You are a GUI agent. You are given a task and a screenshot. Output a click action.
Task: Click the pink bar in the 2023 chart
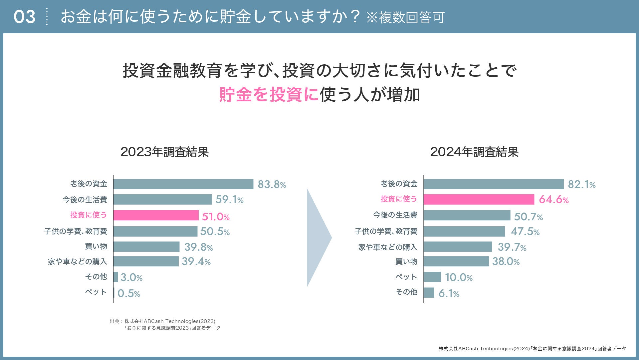[156, 215]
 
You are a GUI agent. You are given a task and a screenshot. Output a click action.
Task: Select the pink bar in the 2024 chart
[479, 199]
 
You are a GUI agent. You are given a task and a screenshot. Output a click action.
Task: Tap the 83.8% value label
[272, 184]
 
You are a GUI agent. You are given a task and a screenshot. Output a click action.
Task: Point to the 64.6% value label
[553, 199]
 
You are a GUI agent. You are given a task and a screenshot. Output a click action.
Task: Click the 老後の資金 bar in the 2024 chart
[494, 184]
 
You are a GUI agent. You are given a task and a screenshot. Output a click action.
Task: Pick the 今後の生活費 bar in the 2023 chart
[162, 199]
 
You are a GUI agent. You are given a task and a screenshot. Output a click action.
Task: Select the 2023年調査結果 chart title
[164, 152]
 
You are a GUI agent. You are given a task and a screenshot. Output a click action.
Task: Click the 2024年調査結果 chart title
[474, 152]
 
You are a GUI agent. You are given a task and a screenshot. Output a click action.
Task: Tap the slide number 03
[24, 17]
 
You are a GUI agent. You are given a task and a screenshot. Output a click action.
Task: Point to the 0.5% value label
[128, 293]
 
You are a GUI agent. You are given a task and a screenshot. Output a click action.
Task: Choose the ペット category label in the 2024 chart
[406, 277]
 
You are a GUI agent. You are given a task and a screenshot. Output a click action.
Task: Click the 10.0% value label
[459, 277]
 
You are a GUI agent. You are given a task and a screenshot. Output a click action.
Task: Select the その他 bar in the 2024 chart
[429, 293]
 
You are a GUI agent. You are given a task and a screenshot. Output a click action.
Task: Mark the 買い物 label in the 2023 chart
[96, 246]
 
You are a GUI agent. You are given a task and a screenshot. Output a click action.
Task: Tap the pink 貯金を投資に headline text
[269, 94]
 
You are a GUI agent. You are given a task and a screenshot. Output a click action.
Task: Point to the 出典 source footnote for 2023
[165, 325]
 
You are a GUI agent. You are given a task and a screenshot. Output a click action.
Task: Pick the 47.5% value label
[525, 231]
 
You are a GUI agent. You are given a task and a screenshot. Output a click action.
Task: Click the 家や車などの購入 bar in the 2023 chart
[146, 261]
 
